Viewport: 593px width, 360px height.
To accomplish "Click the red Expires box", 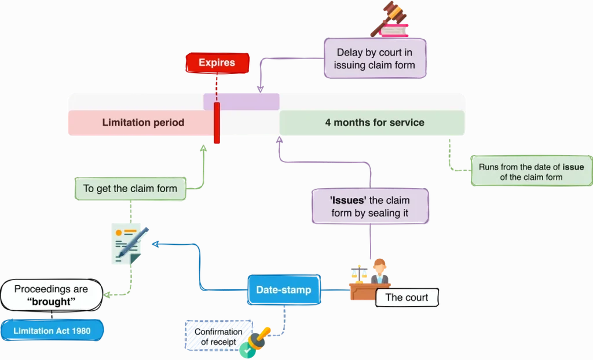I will (x=217, y=63).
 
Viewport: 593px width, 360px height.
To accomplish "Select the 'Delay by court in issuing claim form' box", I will (x=375, y=58).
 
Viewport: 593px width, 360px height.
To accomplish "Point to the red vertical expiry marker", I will (x=217, y=123).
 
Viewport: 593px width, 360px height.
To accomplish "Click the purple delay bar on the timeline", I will (x=241, y=101).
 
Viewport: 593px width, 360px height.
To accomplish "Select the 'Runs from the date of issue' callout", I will (x=531, y=171).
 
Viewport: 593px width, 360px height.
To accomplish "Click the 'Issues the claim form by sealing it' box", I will (x=370, y=207).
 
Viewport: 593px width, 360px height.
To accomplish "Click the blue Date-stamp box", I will (x=284, y=290).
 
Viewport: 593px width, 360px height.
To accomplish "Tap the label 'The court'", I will (x=407, y=297).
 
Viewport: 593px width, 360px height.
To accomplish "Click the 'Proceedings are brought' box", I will (x=52, y=295).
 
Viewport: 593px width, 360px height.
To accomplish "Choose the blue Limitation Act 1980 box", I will (x=52, y=330).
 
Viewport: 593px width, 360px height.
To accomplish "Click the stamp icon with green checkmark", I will (x=255, y=342).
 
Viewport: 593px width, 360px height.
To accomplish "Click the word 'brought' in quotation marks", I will (x=52, y=302).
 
